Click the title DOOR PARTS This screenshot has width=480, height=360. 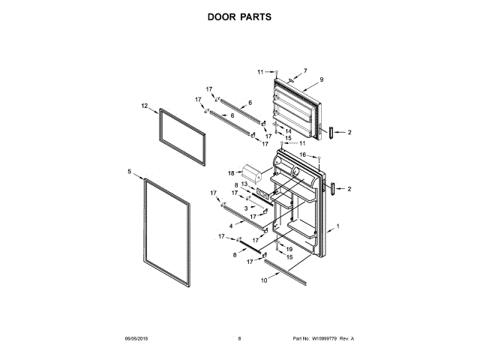(239, 16)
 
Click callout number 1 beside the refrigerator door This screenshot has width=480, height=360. (338, 226)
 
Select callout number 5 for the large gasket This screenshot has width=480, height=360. (129, 172)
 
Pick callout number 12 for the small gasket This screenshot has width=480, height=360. (144, 106)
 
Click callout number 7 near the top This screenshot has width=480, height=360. (305, 70)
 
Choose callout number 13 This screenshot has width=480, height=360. (244, 184)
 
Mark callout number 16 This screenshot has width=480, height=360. (304, 154)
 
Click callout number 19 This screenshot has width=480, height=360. (289, 248)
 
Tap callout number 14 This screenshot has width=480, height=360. (288, 130)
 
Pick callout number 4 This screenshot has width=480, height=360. (231, 225)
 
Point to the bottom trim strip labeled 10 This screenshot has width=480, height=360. (286, 271)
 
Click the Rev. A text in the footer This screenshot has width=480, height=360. (346, 339)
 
